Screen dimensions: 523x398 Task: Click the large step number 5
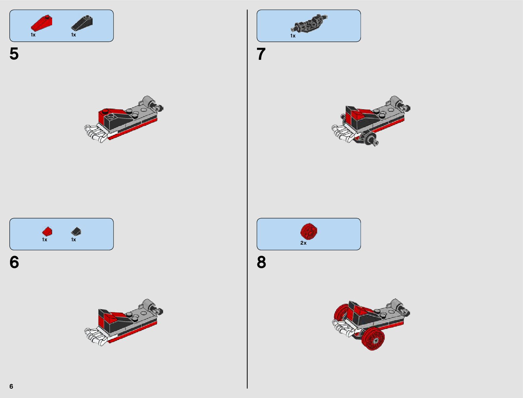pos(14,54)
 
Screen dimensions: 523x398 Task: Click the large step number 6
pos(14,262)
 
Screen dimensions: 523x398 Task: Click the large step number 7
pos(261,54)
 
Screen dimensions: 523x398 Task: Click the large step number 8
pos(261,262)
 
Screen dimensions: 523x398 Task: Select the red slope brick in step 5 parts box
pos(41,23)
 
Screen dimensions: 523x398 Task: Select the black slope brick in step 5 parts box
pos(82,23)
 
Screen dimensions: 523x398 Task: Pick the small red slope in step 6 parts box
pos(47,231)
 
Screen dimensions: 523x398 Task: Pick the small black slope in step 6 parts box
pos(76,231)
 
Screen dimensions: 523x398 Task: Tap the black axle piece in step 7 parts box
pos(309,23)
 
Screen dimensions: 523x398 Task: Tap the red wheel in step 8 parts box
pos(309,231)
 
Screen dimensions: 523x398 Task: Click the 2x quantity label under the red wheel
pos(303,243)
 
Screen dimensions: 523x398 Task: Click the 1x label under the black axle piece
pos(293,36)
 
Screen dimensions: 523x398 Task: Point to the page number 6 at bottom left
pos(11,386)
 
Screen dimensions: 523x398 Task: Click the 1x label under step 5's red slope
pos(33,35)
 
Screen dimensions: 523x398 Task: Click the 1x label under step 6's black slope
pos(74,240)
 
